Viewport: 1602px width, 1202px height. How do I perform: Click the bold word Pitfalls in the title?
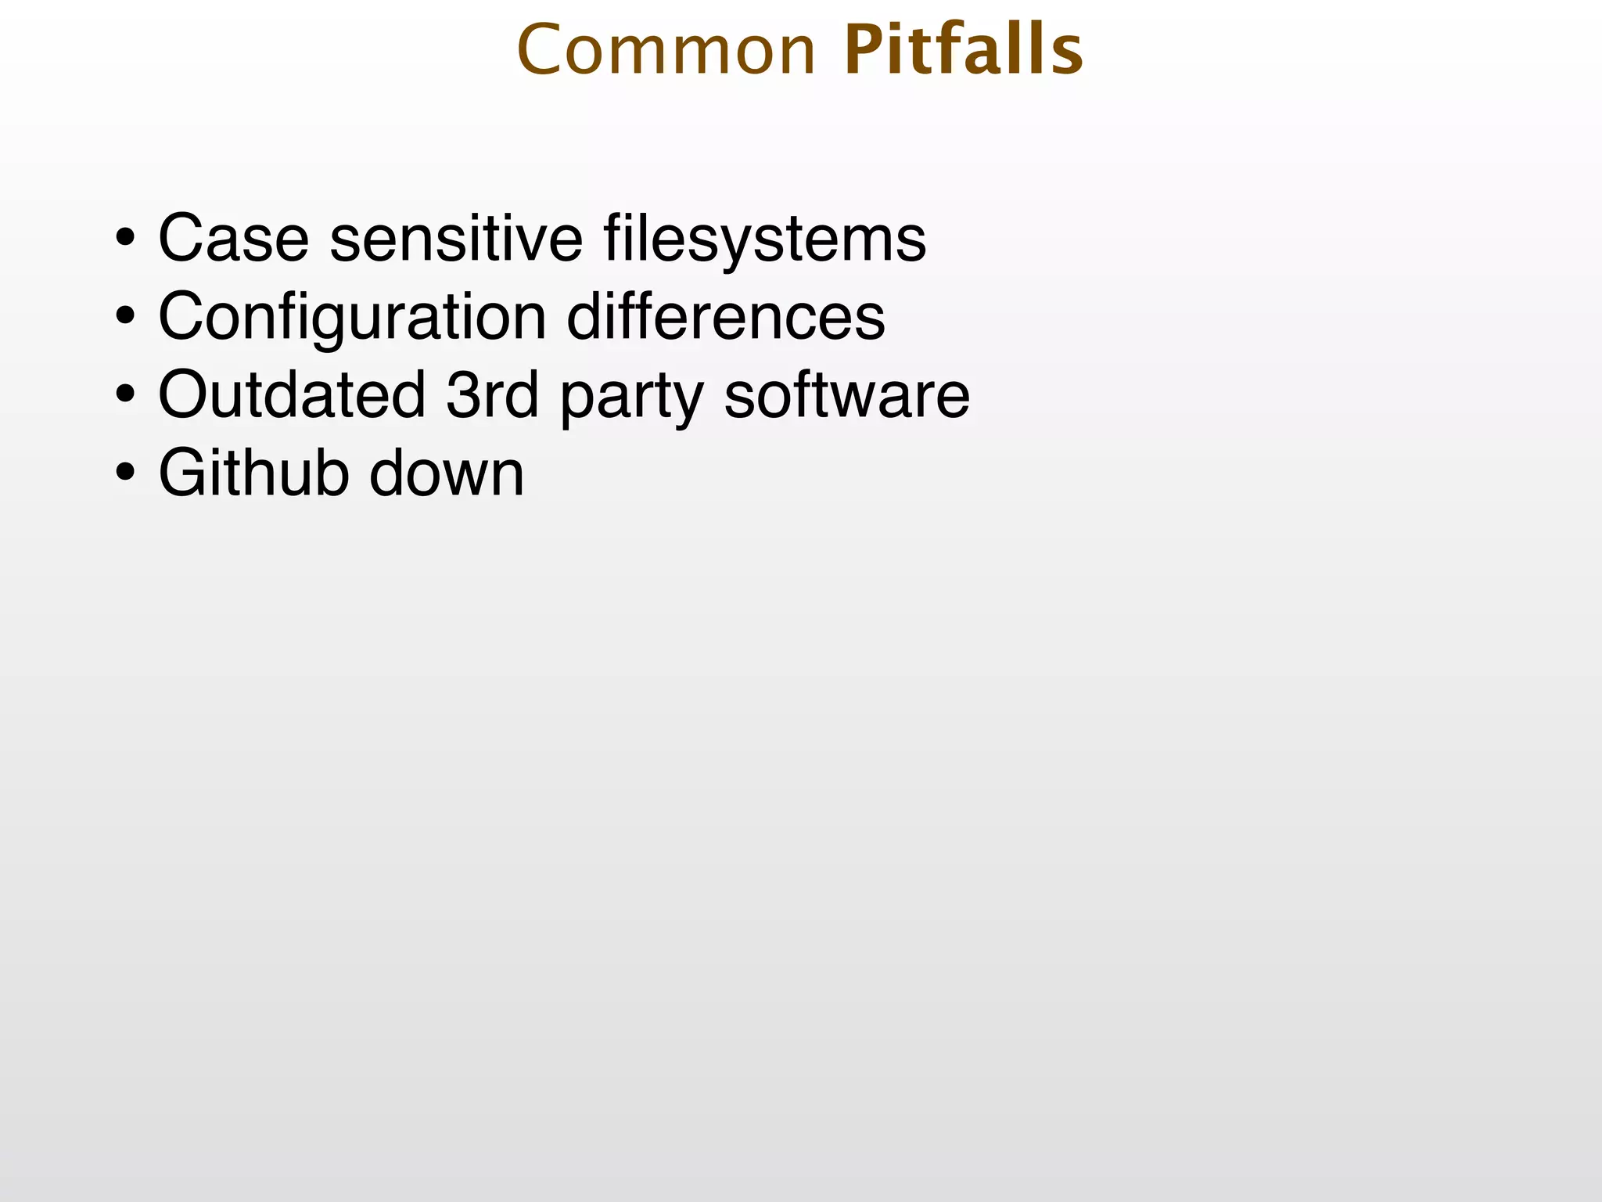pyautogui.click(x=964, y=50)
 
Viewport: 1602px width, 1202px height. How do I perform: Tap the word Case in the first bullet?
pyautogui.click(x=233, y=238)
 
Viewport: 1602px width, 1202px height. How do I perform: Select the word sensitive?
pyautogui.click(x=456, y=238)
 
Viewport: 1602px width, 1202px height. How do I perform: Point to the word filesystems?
pyautogui.click(x=764, y=238)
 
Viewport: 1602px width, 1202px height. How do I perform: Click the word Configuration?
pyautogui.click(x=352, y=318)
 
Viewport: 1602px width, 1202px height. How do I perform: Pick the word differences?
pyautogui.click(x=725, y=316)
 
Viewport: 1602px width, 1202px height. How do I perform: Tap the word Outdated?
pyautogui.click(x=292, y=394)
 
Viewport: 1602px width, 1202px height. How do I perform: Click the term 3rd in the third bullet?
pyautogui.click(x=492, y=394)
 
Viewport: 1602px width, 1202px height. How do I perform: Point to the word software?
pyautogui.click(x=846, y=394)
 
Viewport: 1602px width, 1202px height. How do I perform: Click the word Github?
pyautogui.click(x=253, y=473)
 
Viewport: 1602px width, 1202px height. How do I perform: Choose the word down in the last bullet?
pyautogui.click(x=446, y=473)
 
